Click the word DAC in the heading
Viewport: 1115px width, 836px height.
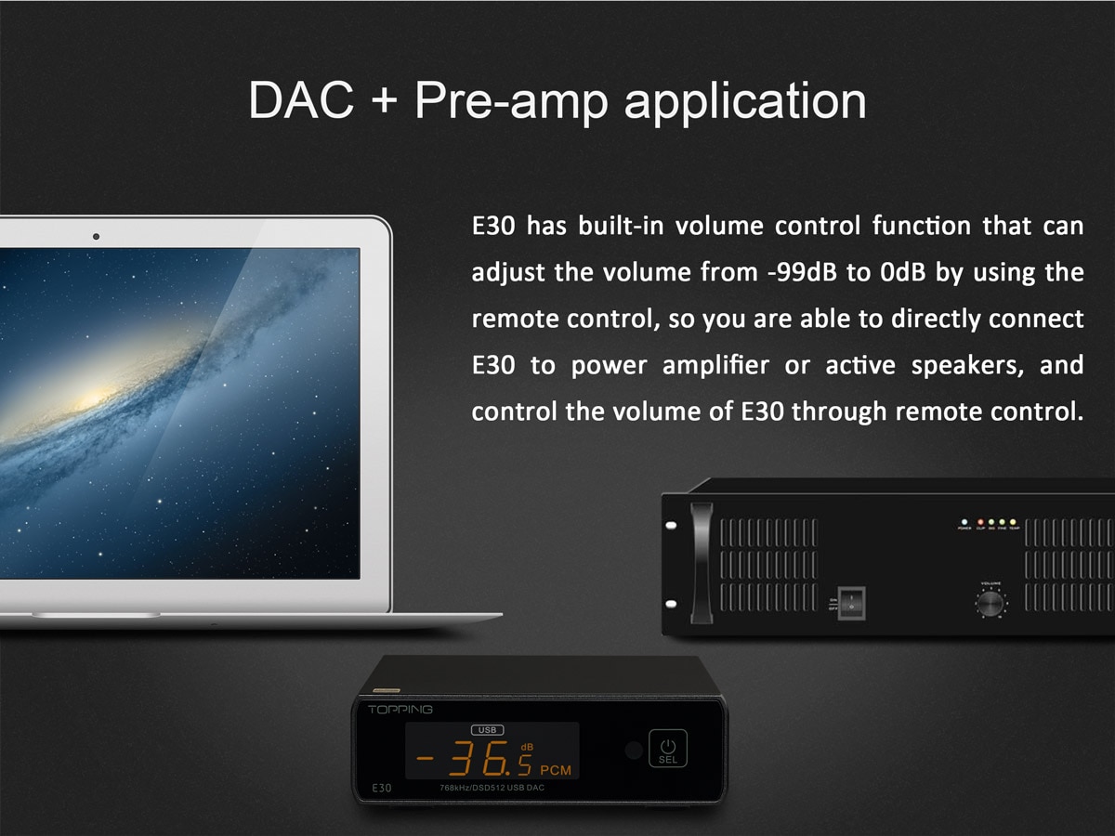(x=301, y=99)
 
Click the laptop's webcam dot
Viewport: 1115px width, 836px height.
(x=96, y=236)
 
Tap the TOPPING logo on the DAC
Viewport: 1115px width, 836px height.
(x=400, y=710)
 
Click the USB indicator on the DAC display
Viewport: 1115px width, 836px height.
(x=490, y=730)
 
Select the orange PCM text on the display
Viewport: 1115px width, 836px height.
(x=556, y=770)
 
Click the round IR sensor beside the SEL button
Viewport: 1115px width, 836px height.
(x=634, y=751)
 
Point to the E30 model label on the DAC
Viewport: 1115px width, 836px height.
(x=382, y=788)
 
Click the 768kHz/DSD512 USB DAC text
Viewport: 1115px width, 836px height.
(x=492, y=789)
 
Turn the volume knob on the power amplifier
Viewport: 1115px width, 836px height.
(x=990, y=605)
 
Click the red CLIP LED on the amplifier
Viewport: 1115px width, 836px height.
(x=979, y=522)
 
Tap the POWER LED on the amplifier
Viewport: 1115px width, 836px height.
(x=965, y=522)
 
